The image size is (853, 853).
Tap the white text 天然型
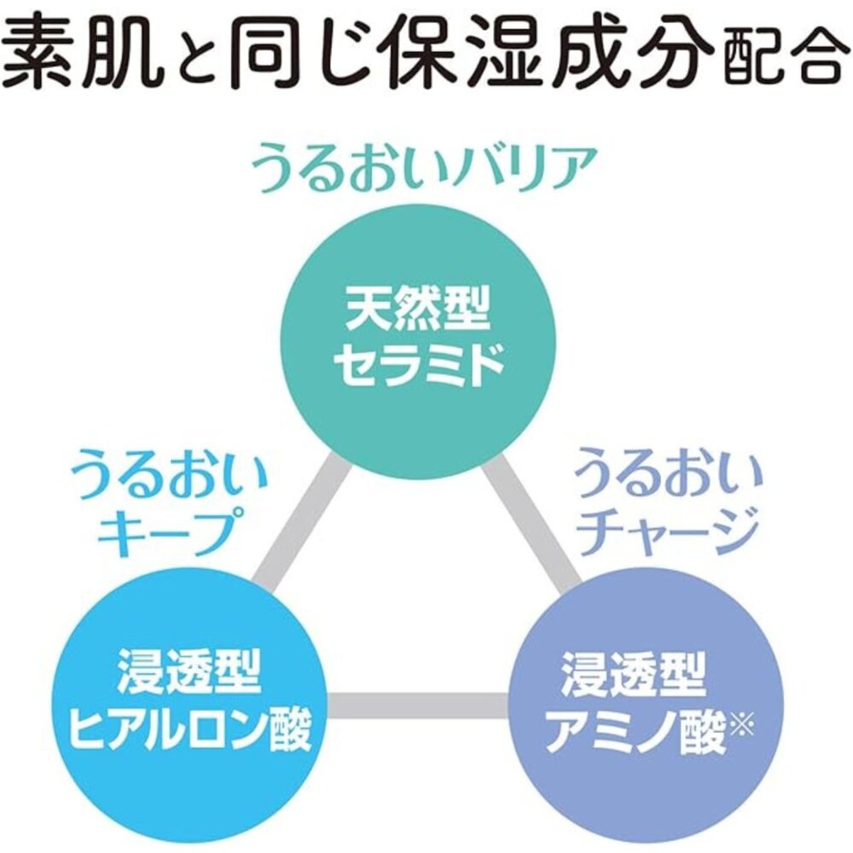[x=418, y=310]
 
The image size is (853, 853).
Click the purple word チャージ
[x=667, y=531]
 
